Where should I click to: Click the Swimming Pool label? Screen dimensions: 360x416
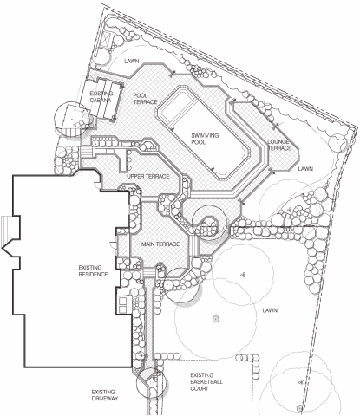[205, 139]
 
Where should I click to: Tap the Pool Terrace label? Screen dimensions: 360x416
[145, 99]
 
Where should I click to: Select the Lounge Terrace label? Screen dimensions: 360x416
[279, 145]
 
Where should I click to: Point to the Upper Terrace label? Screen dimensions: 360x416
[147, 176]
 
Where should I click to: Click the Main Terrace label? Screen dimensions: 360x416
[160, 244]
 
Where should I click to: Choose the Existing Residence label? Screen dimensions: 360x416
[93, 270]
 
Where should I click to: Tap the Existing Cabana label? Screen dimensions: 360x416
[101, 97]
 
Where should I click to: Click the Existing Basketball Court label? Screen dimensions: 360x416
[206, 381]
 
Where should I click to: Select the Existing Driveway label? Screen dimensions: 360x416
[105, 395]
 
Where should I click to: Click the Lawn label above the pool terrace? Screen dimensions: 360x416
[132, 62]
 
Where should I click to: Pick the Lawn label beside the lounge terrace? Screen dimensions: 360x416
[305, 168]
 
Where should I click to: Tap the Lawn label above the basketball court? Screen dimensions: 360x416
[270, 310]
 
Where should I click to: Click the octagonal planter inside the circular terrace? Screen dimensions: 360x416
[209, 224]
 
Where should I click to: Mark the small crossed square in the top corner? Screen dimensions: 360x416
[106, 40]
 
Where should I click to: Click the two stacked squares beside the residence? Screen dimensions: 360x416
[122, 304]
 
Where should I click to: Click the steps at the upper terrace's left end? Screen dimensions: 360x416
[86, 152]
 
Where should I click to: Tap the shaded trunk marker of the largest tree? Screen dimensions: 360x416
[214, 319]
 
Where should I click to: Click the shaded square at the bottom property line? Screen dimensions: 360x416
[299, 408]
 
